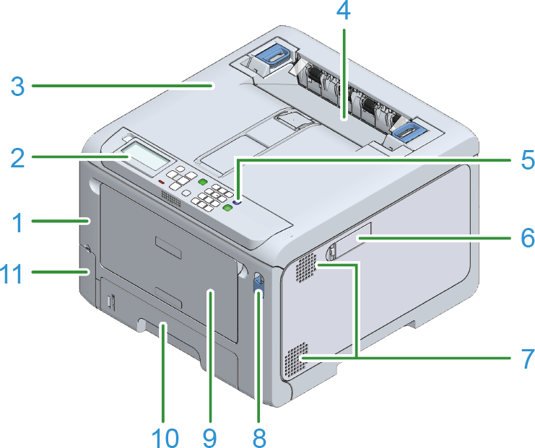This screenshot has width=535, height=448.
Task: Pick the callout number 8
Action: (259, 435)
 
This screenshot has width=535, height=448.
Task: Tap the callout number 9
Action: (210, 435)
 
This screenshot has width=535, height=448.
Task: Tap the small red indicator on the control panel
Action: (162, 183)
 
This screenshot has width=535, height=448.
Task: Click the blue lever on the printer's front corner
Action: (258, 282)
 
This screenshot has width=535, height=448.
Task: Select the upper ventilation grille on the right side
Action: (306, 271)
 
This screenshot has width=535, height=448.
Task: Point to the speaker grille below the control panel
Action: (170, 198)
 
